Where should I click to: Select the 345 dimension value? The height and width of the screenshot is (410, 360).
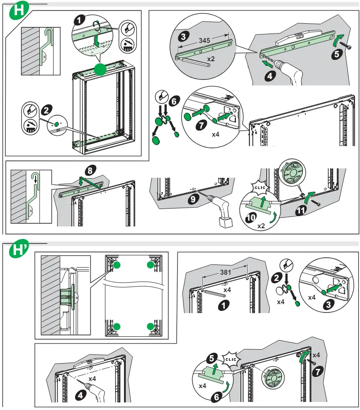point(204,40)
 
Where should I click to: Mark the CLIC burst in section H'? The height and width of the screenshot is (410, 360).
point(232,359)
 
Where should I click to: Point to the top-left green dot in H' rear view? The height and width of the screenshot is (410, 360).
point(116,265)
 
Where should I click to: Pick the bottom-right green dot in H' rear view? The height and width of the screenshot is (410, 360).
point(150,326)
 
